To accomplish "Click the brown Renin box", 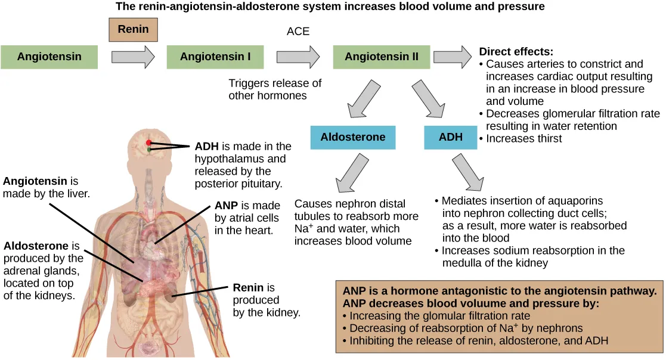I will [134, 30].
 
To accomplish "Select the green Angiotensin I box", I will [215, 57].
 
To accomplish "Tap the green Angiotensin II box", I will [381, 57].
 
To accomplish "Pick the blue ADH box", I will [451, 137].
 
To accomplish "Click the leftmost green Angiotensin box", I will [49, 57].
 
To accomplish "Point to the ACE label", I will [298, 32].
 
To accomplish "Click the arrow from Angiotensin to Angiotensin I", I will [133, 57].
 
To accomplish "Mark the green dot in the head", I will [149, 150].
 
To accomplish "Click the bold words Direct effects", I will [516, 52].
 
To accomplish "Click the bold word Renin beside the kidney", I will [246, 288].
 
